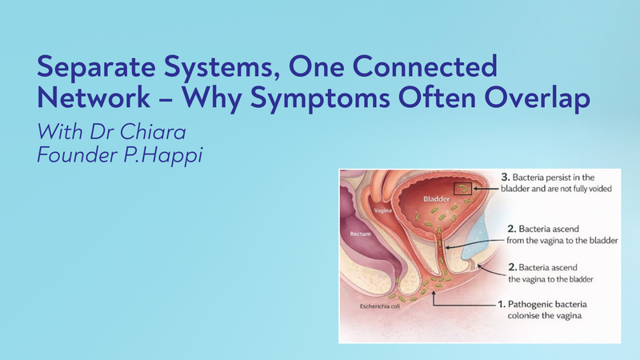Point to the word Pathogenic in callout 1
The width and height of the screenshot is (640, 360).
[x=534, y=305]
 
